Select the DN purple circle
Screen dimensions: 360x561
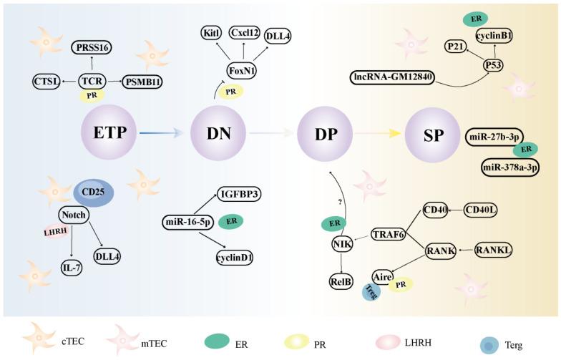point(213,133)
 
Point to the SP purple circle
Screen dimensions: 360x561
point(429,133)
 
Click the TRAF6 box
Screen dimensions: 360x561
point(389,233)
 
